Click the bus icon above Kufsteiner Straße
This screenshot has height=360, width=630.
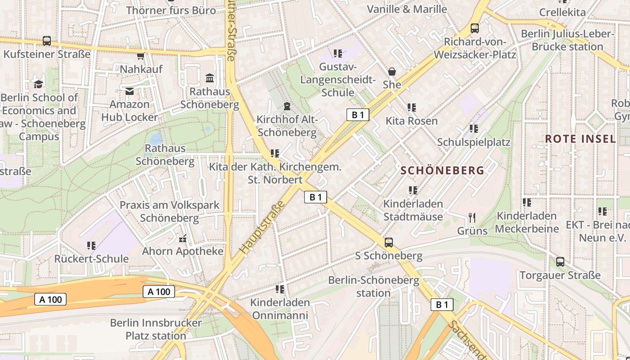click(x=47, y=41)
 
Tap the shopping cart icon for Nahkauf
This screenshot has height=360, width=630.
click(x=141, y=56)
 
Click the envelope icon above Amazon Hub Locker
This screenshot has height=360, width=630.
click(x=130, y=91)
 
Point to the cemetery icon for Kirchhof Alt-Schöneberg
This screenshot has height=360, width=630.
click(x=287, y=107)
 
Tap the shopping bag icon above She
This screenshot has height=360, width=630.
click(x=392, y=72)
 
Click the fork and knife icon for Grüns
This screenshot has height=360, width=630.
click(x=472, y=218)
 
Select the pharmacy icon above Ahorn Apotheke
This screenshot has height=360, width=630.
click(x=183, y=238)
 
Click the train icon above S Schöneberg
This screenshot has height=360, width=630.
click(x=389, y=243)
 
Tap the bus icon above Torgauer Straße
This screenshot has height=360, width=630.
click(x=560, y=261)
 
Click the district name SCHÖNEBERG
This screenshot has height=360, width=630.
click(x=442, y=171)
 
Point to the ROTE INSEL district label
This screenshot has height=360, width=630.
click(x=580, y=139)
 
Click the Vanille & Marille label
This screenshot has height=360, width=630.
click(x=407, y=9)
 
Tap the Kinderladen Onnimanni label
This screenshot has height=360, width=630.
click(x=280, y=309)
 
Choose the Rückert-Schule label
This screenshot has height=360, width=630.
click(x=91, y=259)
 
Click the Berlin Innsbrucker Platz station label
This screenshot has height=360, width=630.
click(x=156, y=329)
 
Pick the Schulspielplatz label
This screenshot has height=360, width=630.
click(x=474, y=142)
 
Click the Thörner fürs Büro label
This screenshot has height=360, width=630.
click(x=171, y=10)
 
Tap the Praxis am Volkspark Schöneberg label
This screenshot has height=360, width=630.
click(x=170, y=211)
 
